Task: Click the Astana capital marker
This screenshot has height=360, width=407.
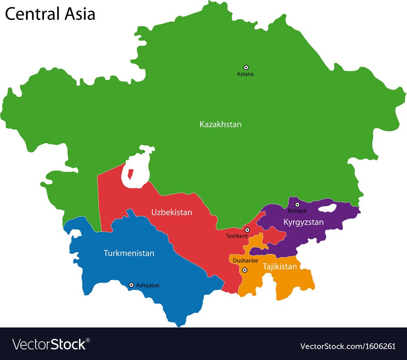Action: pos(246,68)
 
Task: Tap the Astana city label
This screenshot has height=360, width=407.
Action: pos(245,74)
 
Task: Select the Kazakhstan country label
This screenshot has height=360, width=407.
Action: pos(220,124)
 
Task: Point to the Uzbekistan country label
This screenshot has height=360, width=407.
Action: pos(172,212)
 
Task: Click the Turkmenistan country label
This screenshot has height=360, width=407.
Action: pos(129,253)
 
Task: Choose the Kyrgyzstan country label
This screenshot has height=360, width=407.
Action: pos(304,222)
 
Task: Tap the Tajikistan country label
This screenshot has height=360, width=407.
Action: pos(280,267)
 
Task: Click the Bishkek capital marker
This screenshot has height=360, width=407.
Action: pos(297,205)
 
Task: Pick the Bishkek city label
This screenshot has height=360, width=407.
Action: pos(297,211)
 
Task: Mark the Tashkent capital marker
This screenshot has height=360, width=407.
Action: pos(247,230)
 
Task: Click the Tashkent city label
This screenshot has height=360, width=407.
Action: pos(237,236)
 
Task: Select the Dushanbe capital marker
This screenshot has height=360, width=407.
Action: pos(245,270)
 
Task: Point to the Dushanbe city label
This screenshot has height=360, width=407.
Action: pos(245,261)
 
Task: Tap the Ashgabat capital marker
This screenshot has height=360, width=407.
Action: pos(131,285)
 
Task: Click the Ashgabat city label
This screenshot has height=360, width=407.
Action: pos(148,286)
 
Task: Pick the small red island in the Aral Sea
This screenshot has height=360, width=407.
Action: pos(130,175)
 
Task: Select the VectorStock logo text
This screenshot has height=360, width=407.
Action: pos(49,345)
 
